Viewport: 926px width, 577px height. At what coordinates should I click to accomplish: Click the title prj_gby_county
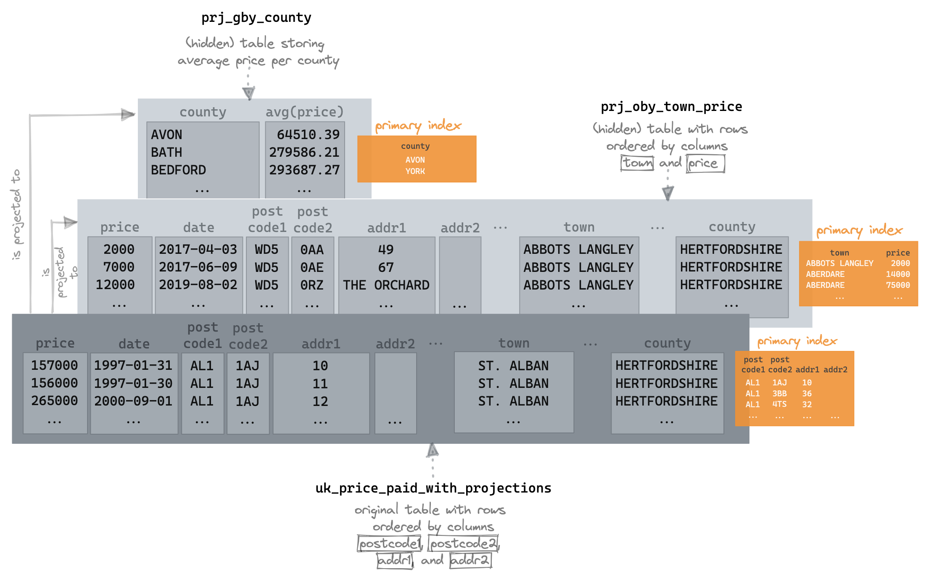256,18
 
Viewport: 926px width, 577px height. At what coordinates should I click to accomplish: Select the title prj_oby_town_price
671,107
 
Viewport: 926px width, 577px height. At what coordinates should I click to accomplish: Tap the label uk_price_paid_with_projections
433,488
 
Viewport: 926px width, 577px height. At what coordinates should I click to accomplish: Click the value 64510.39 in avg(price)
308,134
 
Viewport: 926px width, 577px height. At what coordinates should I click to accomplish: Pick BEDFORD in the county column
178,170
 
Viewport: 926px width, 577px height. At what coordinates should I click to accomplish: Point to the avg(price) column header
304,112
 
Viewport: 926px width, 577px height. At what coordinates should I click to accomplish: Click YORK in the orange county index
415,171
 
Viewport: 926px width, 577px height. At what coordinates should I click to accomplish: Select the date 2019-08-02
198,285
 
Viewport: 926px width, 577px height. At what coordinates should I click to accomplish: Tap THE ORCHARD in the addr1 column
386,285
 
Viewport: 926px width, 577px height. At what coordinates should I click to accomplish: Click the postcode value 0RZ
311,285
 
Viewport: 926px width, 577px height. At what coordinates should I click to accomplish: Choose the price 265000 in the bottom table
55,400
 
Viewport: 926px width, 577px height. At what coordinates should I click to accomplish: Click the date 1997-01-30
133,383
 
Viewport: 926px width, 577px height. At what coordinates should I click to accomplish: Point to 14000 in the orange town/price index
897,274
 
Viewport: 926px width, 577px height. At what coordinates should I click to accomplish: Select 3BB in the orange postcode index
779,393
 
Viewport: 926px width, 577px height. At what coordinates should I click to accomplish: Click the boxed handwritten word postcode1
389,543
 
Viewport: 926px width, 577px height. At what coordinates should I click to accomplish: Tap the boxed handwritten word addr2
470,560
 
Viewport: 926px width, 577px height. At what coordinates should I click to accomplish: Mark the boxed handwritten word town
637,163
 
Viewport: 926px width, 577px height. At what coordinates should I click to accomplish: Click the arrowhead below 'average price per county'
248,93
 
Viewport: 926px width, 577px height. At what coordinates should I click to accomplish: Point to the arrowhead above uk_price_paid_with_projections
433,451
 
